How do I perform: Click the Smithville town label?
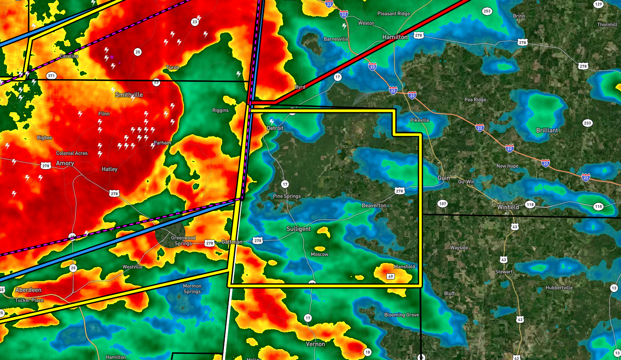[x=129, y=94]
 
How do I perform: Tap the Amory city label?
[x=65, y=163]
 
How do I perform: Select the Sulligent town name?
[x=298, y=229]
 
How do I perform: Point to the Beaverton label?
[x=374, y=205]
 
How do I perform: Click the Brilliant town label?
[x=547, y=130]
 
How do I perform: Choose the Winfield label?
[x=508, y=207]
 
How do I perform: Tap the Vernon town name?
[x=315, y=344]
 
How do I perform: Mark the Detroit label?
[x=275, y=128]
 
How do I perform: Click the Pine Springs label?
[x=287, y=196]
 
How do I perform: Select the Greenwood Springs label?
[x=183, y=240]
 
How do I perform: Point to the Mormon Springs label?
[x=192, y=289]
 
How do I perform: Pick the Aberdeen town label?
[x=28, y=290]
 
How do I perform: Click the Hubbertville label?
[x=559, y=288]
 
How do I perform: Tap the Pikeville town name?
[x=420, y=120]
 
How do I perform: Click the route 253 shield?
[x=487, y=11]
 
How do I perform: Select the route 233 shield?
[x=588, y=123]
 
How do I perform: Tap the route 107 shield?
[x=442, y=204]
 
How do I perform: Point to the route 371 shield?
[x=51, y=76]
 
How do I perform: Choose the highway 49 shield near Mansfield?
[x=390, y=276]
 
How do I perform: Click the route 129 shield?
[x=598, y=5]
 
